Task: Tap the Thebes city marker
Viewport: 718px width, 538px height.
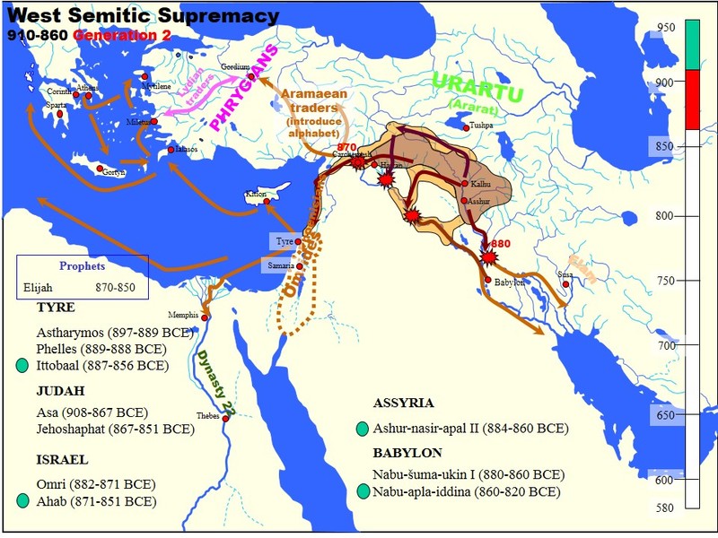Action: (x=226, y=419)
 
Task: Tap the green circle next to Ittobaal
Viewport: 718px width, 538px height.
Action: (x=22, y=366)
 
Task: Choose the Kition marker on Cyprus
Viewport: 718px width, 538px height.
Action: (x=267, y=202)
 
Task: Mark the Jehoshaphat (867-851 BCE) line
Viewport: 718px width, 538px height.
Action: (x=115, y=430)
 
